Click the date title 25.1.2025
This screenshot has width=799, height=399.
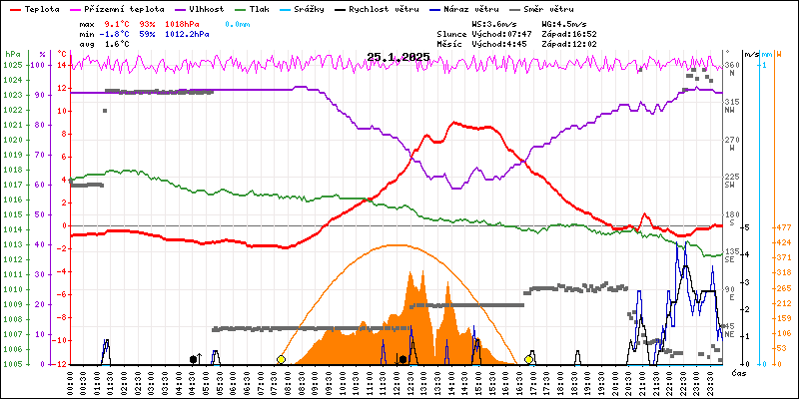tap(398, 57)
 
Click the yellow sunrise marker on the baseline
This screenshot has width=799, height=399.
tap(281, 359)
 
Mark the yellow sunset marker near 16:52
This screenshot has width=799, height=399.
tap(528, 359)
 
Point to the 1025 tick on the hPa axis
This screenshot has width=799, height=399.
tap(12, 65)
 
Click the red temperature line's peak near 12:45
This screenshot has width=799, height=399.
tap(453, 123)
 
